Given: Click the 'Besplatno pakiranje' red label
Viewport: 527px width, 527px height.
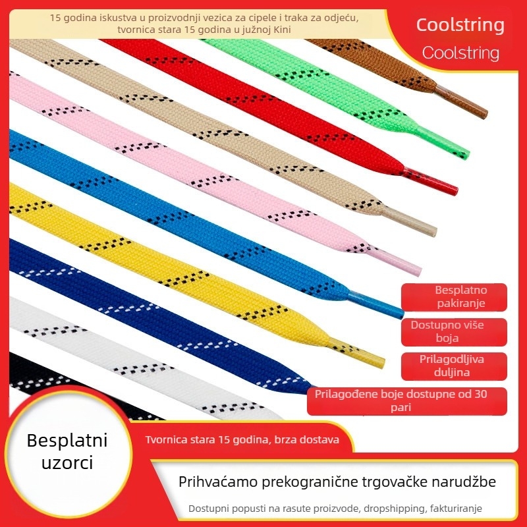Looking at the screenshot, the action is [x=454, y=297].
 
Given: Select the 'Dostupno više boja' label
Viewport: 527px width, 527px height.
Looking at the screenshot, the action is [x=454, y=332].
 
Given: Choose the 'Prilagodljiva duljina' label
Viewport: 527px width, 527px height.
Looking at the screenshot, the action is [x=454, y=366].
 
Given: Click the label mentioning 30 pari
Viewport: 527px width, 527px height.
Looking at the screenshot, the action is [x=407, y=401].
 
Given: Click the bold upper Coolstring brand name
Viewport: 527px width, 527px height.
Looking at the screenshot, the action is [x=460, y=25].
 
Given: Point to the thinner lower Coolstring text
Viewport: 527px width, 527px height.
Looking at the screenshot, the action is [x=460, y=53].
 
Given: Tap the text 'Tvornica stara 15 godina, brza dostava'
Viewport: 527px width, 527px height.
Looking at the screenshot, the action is [x=242, y=439].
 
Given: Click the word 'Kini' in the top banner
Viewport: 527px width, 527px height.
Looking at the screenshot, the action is [x=283, y=30].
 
